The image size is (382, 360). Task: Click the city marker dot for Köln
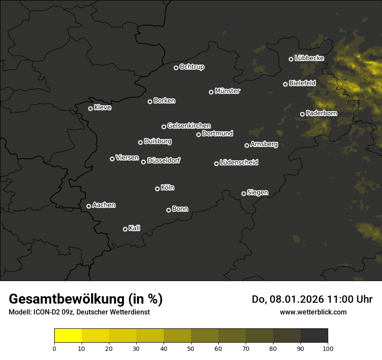(x=157, y=189)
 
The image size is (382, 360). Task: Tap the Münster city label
(x=227, y=91)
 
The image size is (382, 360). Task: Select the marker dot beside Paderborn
(x=302, y=114)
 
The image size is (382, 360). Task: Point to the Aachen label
(x=104, y=205)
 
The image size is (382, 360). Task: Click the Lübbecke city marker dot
(x=291, y=59)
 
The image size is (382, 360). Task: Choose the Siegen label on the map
(x=257, y=193)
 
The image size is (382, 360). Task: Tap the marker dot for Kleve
(x=90, y=108)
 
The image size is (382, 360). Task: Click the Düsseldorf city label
(x=164, y=160)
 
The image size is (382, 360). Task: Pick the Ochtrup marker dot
(x=176, y=68)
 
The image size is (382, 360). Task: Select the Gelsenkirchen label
(x=189, y=126)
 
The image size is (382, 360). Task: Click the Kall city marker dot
(x=125, y=229)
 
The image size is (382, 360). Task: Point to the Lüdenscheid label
(x=239, y=163)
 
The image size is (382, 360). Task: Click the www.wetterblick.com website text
(x=313, y=312)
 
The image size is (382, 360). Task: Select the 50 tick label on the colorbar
(x=191, y=348)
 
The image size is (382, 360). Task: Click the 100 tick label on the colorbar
(x=327, y=348)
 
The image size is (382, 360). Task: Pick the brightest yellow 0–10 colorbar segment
(x=68, y=336)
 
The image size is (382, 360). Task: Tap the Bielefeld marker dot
(x=285, y=84)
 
